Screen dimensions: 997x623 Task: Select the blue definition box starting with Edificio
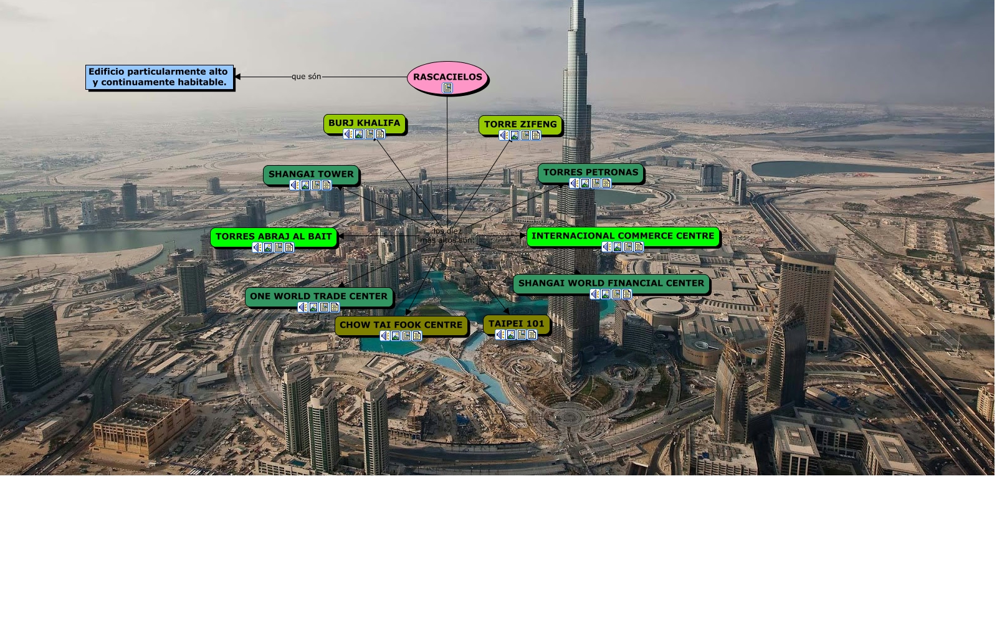click(159, 77)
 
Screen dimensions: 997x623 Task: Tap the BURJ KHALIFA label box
click(365, 123)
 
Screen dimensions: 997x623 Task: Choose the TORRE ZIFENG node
click(520, 124)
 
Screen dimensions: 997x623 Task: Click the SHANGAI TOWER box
click(311, 174)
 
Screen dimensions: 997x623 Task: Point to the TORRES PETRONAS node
click(591, 172)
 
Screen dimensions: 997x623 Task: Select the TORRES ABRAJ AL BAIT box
click(274, 236)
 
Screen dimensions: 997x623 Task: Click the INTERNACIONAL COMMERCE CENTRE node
click(623, 235)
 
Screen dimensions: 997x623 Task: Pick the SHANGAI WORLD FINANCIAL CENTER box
click(611, 283)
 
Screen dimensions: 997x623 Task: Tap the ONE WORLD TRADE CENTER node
click(318, 296)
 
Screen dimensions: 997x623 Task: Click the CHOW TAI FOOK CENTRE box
click(401, 325)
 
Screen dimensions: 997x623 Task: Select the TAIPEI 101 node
click(517, 323)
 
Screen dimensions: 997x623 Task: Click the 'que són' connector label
click(307, 77)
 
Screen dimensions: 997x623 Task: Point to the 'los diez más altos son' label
click(447, 235)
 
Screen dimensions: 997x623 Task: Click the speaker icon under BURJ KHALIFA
click(348, 134)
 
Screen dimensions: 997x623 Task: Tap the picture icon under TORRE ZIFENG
click(515, 135)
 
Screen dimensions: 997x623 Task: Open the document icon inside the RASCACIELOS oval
click(447, 88)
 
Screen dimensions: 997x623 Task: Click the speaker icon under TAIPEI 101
click(500, 335)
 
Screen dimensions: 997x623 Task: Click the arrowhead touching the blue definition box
click(237, 77)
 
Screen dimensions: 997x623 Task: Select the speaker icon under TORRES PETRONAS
click(575, 183)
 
